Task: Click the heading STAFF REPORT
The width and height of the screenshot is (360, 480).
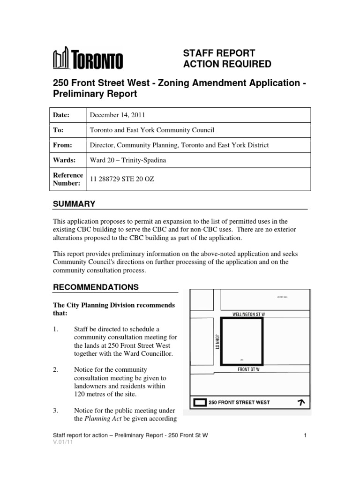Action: click(x=218, y=53)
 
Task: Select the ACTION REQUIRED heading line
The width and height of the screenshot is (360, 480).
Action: click(x=227, y=64)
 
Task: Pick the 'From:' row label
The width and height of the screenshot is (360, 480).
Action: click(x=62, y=145)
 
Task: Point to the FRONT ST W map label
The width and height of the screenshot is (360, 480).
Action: click(x=248, y=369)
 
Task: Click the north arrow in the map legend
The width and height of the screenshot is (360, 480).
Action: click(x=300, y=402)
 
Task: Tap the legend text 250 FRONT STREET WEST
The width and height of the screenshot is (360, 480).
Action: click(x=239, y=403)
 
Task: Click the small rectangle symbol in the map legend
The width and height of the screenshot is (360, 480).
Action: click(x=200, y=402)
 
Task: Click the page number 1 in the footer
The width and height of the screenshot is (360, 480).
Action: click(x=305, y=435)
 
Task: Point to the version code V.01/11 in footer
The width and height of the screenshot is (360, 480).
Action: click(x=61, y=442)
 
